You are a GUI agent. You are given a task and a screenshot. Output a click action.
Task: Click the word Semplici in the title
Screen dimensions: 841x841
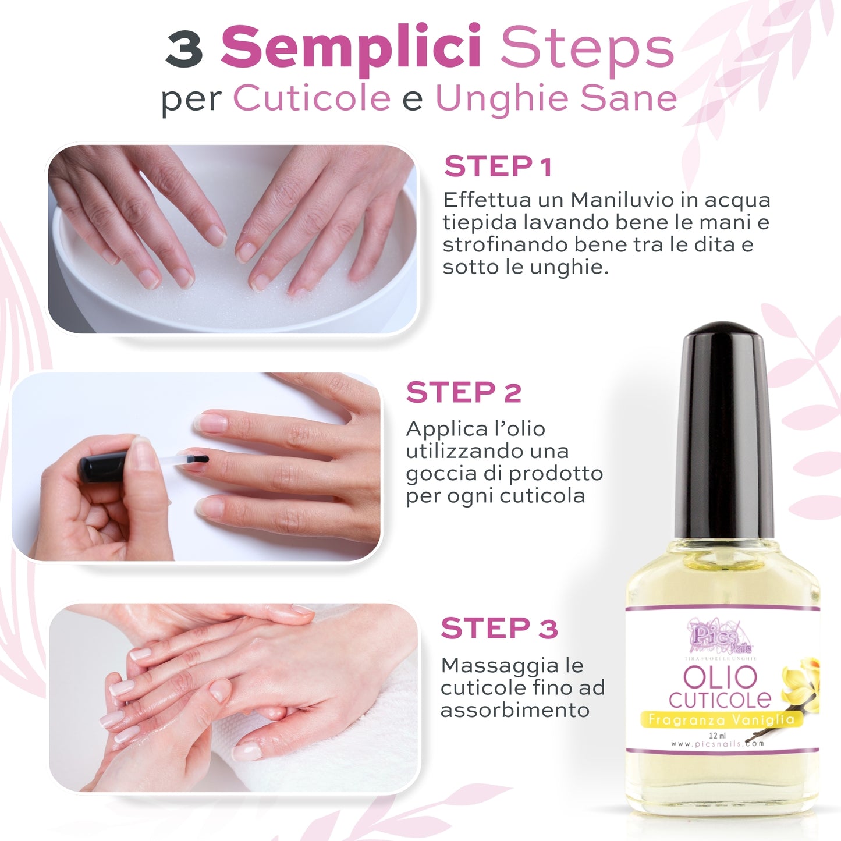tap(351, 49)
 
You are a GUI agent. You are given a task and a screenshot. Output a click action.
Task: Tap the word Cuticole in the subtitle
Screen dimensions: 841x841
tap(311, 98)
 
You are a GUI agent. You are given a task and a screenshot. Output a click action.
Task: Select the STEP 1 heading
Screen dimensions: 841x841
tap(498, 166)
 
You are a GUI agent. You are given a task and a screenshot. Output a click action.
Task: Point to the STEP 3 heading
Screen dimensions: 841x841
tap(499, 628)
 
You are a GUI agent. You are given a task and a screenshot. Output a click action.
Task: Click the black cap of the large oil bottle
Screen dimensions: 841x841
tap(724, 430)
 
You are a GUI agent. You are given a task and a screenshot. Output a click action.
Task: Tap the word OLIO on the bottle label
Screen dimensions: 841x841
tap(720, 677)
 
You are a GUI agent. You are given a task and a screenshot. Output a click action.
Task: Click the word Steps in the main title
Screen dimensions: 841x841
tap(587, 49)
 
